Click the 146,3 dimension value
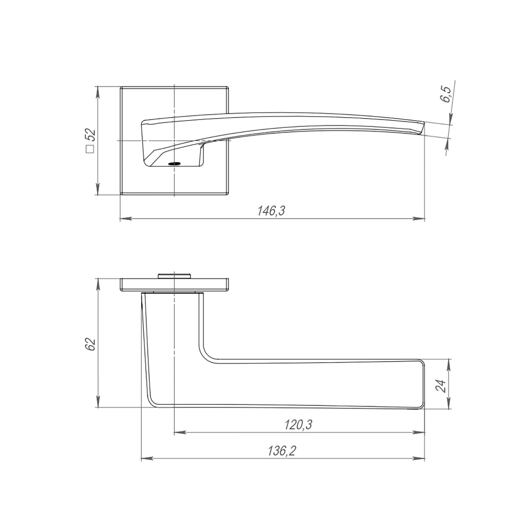click(x=271, y=210)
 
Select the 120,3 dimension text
click(x=298, y=425)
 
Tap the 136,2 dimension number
click(x=282, y=451)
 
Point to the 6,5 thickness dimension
click(x=446, y=95)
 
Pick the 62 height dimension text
click(x=91, y=344)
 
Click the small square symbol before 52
click(x=90, y=149)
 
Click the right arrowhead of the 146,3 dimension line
click(x=420, y=219)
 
